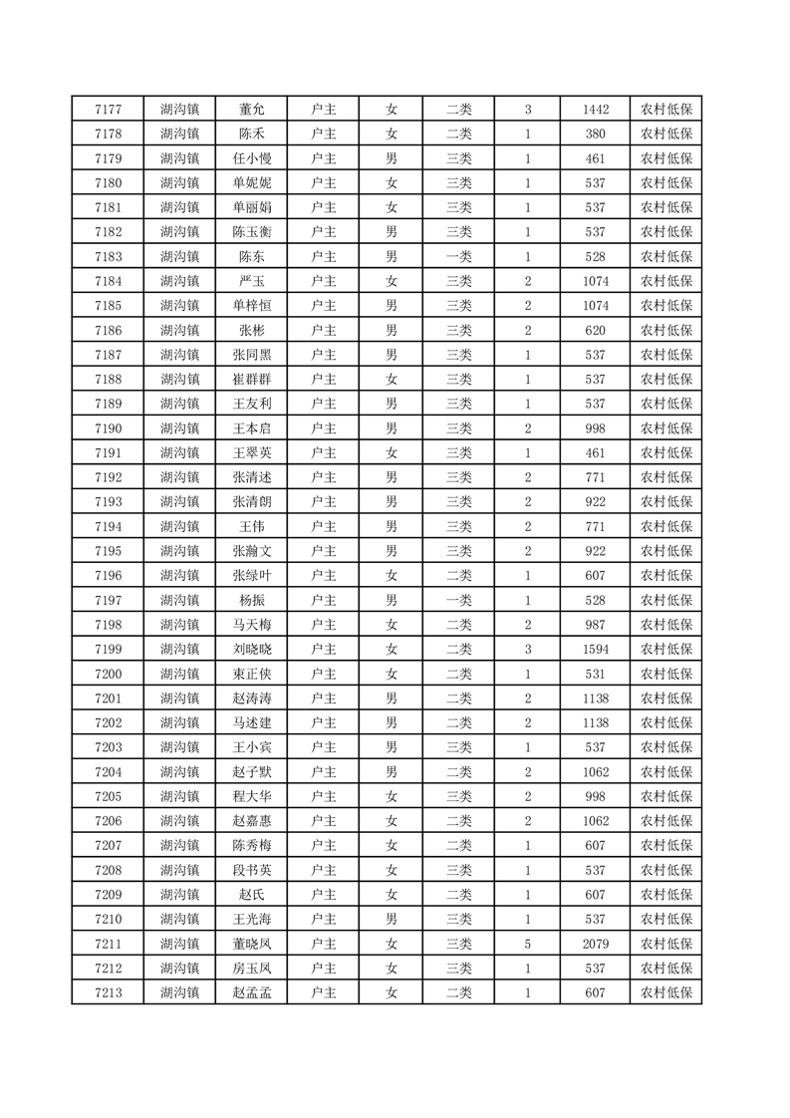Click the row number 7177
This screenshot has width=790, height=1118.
tap(108, 110)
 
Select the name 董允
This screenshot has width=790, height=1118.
tap(251, 110)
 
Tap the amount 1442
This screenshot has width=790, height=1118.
tap(596, 110)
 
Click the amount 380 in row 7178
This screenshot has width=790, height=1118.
tap(596, 134)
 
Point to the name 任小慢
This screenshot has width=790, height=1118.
tap(251, 158)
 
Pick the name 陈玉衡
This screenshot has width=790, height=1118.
tap(251, 232)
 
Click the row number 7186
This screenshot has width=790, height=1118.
tap(108, 330)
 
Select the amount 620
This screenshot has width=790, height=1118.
tap(596, 330)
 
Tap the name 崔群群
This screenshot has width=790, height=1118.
tap(251, 379)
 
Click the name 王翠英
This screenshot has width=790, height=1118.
tap(251, 452)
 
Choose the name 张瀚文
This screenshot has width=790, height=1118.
tap(251, 551)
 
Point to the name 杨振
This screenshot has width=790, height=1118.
tap(251, 600)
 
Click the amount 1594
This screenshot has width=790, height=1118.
tap(596, 649)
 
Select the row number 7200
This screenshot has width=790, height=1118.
tap(108, 674)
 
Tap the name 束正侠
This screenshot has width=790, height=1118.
tap(251, 674)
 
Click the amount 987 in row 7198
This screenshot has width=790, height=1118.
tap(596, 625)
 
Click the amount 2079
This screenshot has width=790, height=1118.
tap(596, 944)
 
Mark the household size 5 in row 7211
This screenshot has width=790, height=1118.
tap(527, 944)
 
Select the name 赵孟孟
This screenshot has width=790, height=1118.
tap(251, 992)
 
